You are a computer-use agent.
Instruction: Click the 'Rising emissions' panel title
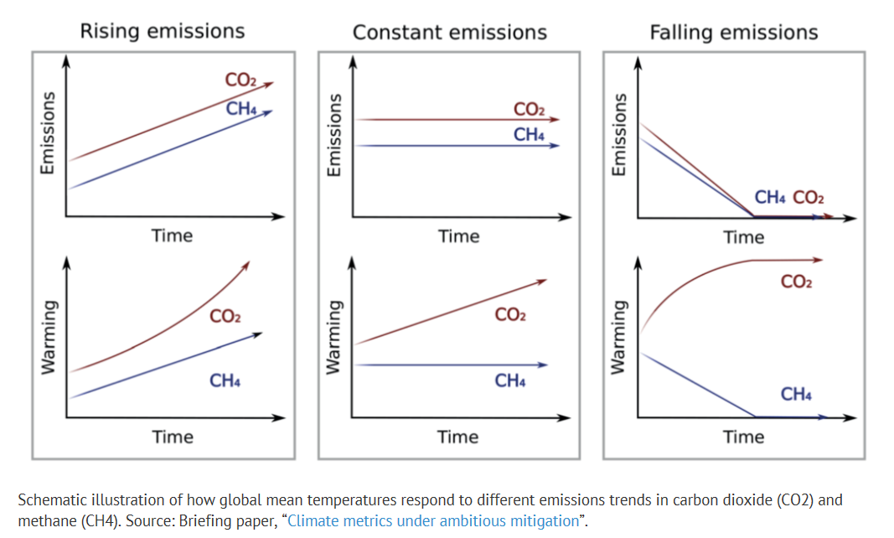click(162, 32)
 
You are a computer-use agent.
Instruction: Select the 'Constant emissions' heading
click(449, 33)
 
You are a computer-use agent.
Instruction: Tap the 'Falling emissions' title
click(733, 33)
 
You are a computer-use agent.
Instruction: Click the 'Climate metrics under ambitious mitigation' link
click(432, 520)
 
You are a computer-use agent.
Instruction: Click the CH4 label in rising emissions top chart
click(242, 108)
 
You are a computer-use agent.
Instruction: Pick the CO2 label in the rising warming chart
click(225, 317)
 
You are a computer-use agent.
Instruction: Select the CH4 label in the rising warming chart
click(225, 381)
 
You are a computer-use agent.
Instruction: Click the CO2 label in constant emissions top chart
click(529, 110)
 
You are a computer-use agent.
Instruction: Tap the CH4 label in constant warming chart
click(510, 381)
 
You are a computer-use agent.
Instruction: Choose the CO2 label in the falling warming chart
click(796, 282)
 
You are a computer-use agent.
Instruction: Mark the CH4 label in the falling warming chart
click(796, 394)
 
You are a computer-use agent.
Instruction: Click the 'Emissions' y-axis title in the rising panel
click(47, 133)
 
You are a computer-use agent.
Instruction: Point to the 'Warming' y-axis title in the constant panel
click(333, 337)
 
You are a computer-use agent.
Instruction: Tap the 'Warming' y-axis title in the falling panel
click(619, 337)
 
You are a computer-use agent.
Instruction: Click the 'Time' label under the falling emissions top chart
click(744, 237)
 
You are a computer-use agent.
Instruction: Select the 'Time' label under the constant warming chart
click(458, 437)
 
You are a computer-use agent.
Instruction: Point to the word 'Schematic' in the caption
click(54, 500)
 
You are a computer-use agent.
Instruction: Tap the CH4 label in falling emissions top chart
click(769, 198)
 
